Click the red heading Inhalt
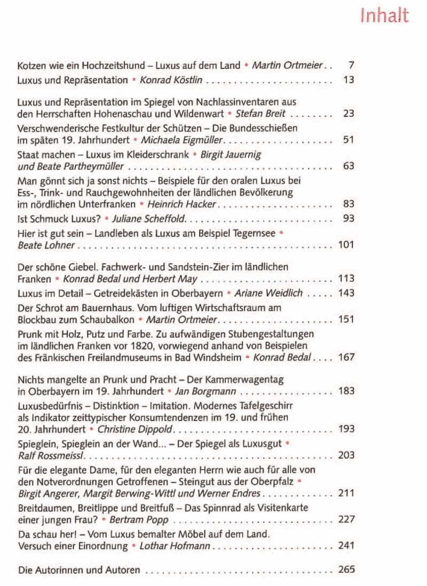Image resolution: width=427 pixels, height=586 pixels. coord(384,15)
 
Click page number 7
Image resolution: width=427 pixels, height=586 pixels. coord(351,66)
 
